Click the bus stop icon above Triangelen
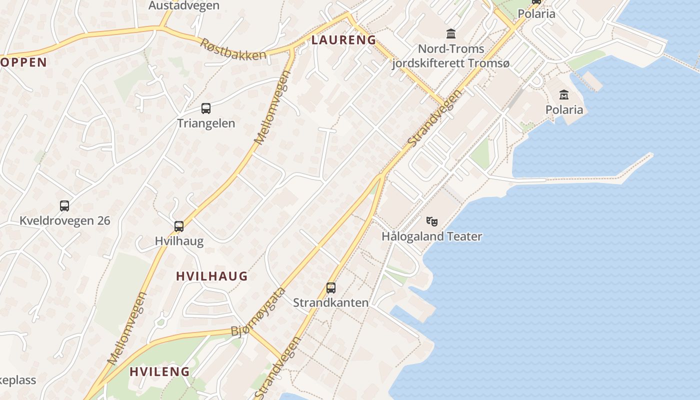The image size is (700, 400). tap(205, 108)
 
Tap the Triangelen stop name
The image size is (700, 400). tap(205, 123)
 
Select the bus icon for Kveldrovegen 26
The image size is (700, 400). tap(64, 205)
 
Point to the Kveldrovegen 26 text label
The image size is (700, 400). tap(64, 220)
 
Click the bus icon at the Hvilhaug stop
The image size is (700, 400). tap(179, 226)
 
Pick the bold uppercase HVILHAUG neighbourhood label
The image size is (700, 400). tap(211, 276)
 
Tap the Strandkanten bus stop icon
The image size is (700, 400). tap(330, 288)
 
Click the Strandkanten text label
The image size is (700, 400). tap(330, 302)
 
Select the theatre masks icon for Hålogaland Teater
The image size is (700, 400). tap(432, 221)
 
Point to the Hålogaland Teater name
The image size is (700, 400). tap(432, 236)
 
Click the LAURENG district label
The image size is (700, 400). tap(343, 40)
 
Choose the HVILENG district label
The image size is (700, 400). tap(159, 371)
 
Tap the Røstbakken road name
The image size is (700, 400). tap(233, 49)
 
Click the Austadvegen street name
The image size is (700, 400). tap(184, 5)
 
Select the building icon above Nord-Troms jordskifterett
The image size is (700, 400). tap(451, 34)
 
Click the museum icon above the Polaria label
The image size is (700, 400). tap(564, 94)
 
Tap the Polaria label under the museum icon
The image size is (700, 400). tap(564, 109)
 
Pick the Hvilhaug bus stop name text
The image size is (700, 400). tap(179, 241)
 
